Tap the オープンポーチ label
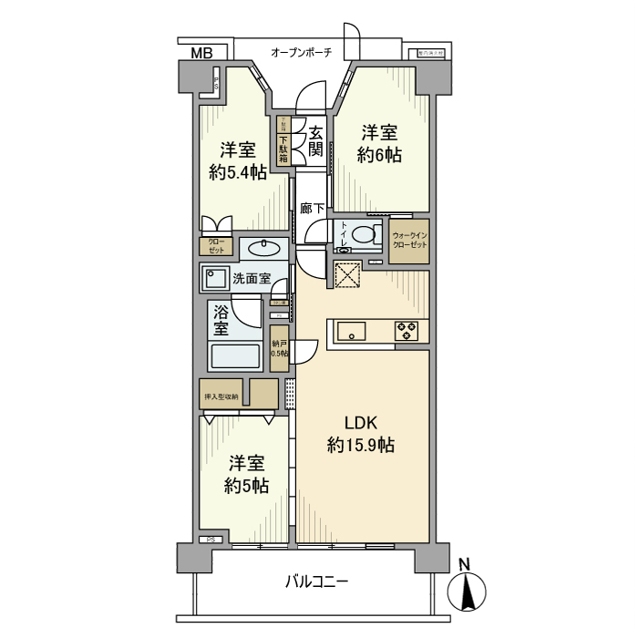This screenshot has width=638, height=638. [301, 52]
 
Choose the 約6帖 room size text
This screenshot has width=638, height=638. [379, 155]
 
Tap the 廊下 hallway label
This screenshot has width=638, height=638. [312, 209]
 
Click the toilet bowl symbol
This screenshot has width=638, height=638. [365, 235]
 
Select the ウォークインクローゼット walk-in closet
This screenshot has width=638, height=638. [409, 242]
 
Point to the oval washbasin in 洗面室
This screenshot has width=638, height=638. [264, 247]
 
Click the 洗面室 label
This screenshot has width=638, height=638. [252, 278]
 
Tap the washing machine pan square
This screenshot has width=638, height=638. [217, 278]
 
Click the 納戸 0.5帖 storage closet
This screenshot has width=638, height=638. [279, 347]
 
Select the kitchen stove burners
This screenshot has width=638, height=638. [406, 331]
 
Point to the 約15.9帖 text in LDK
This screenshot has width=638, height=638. [361, 446]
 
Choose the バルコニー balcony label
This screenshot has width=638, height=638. [316, 581]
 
